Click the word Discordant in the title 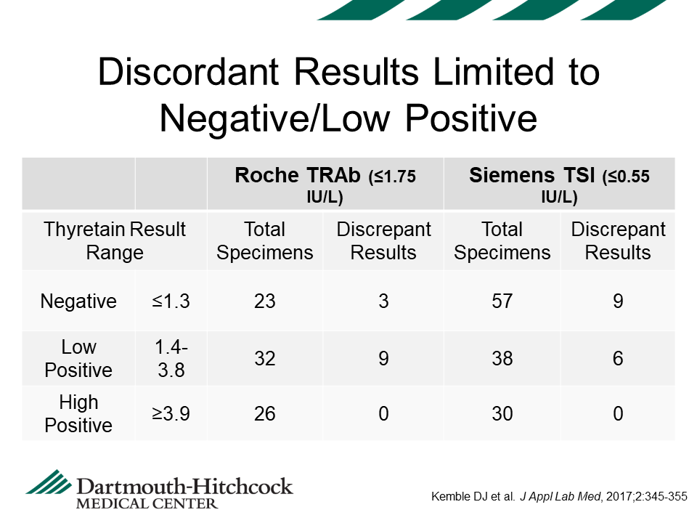tap(189, 72)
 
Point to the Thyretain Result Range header tap(115, 241)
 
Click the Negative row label tap(78, 301)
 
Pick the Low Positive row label tap(78, 358)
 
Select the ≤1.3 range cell tap(171, 301)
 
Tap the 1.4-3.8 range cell tap(171, 358)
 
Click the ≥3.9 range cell tap(171, 413)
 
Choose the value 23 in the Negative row tap(265, 301)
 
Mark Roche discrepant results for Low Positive tap(383, 358)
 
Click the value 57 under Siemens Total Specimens tap(502, 301)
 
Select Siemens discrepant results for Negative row tap(618, 301)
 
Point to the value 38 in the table tap(502, 358)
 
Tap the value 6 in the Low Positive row tap(618, 358)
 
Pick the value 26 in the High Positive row tap(265, 413)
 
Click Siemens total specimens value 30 tap(502, 413)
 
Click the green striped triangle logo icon tap(49, 482)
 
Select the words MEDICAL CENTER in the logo tap(147, 504)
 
